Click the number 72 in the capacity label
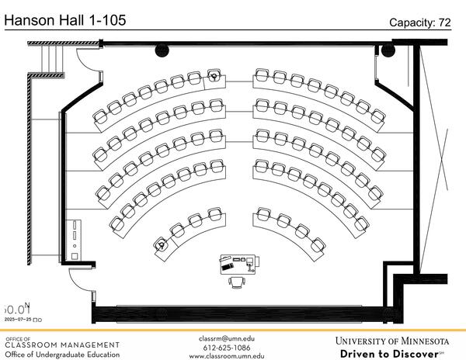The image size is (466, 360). click(x=443, y=23)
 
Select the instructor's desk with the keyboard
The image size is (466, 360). click(x=238, y=262)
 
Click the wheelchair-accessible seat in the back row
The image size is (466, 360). click(x=214, y=76)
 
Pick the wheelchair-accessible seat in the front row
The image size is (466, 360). click(x=161, y=244)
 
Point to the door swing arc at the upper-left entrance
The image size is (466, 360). click(x=85, y=59)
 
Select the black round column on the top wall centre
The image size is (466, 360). click(x=162, y=50)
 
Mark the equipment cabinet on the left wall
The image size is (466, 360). click(x=74, y=240)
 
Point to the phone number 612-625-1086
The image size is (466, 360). click(x=227, y=347)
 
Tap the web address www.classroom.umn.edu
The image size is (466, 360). click(x=227, y=356)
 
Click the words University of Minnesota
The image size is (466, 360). click(x=392, y=341)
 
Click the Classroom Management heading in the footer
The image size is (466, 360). click(x=62, y=344)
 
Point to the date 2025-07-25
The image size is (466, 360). click(x=19, y=319)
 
